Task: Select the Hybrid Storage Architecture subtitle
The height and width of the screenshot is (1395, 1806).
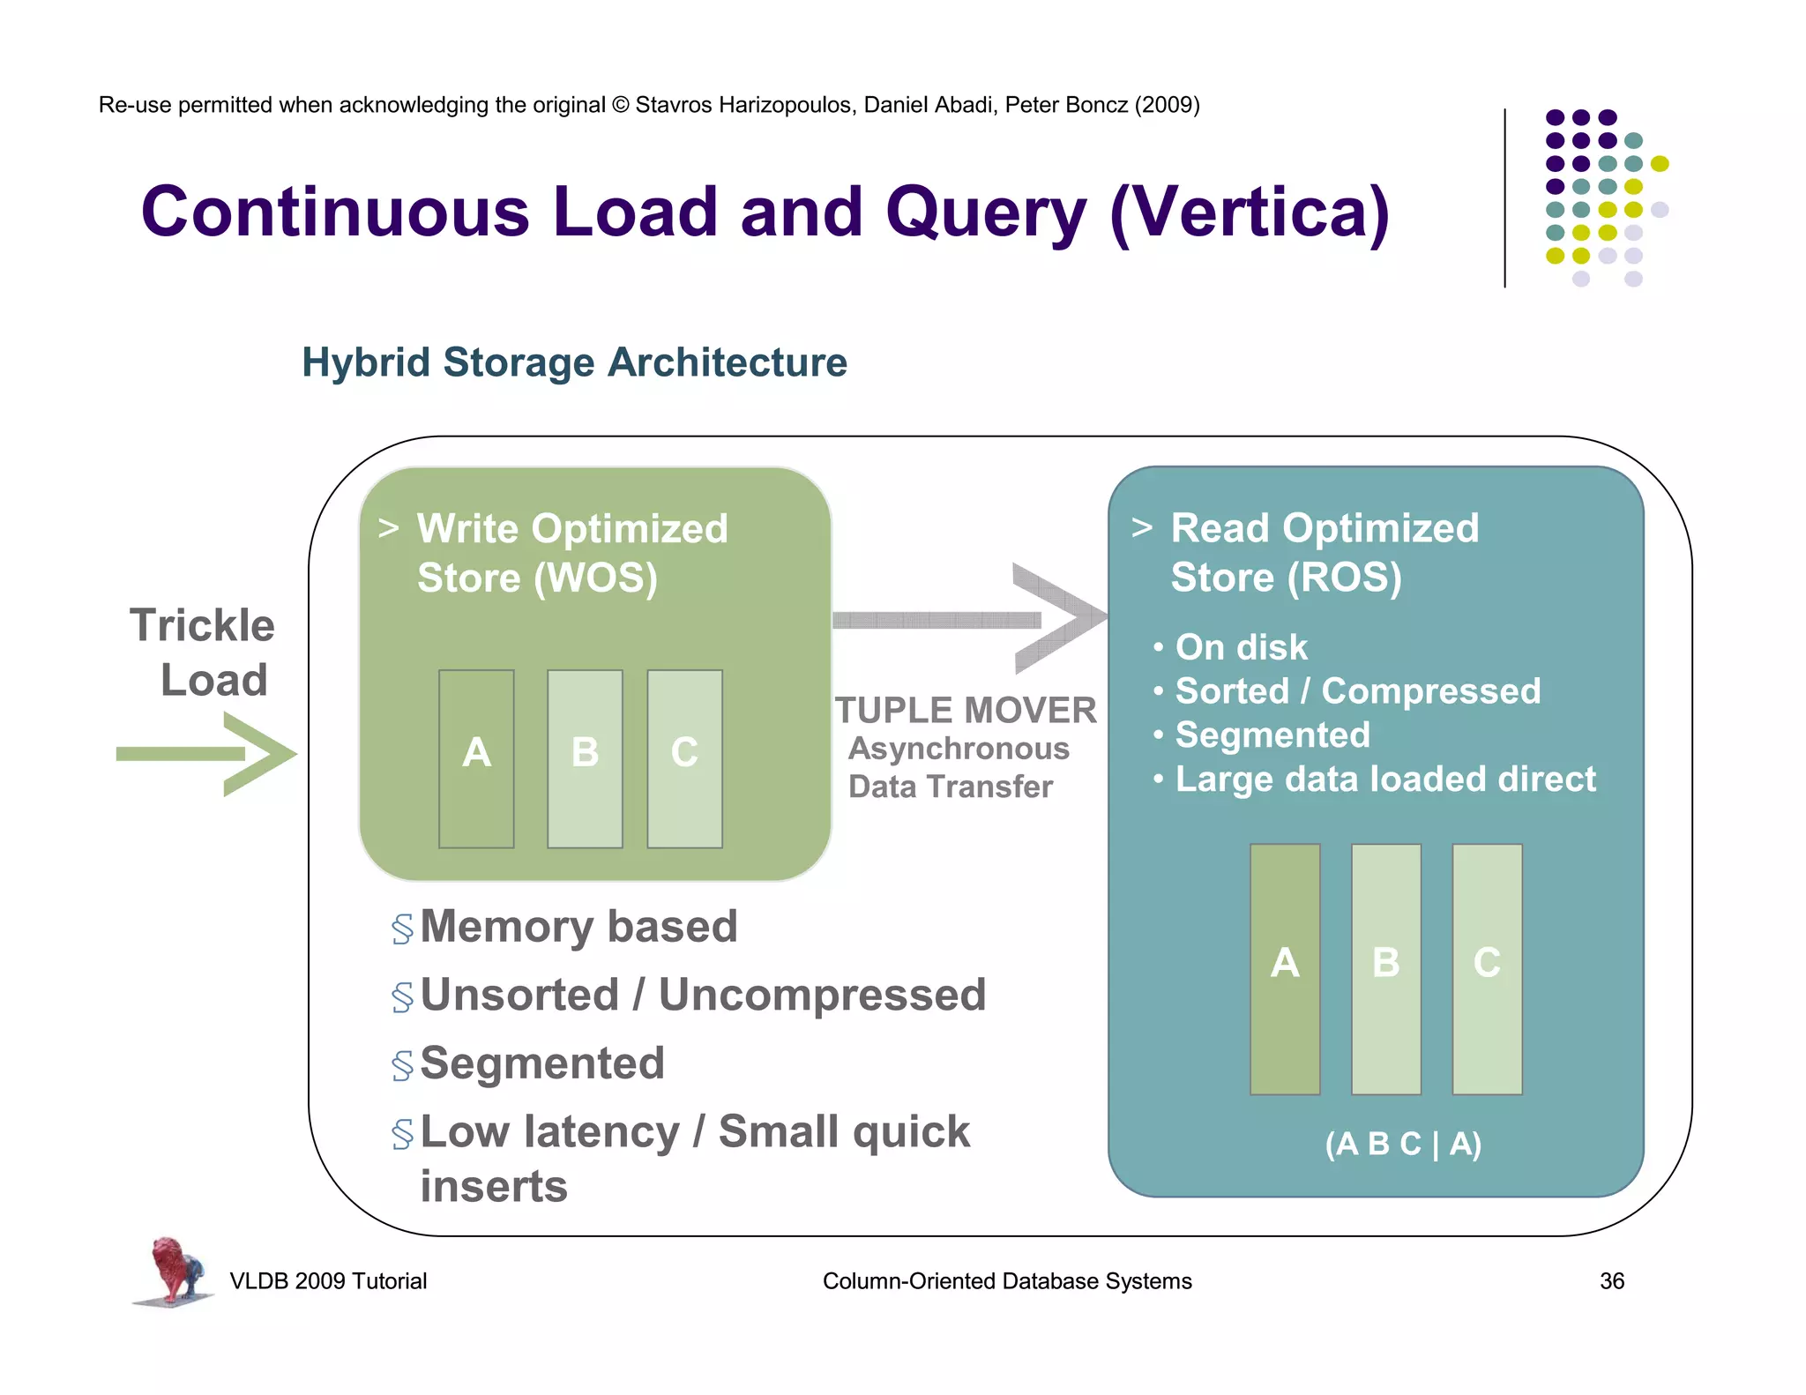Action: click(x=574, y=362)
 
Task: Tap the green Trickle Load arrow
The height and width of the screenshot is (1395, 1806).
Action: click(x=208, y=754)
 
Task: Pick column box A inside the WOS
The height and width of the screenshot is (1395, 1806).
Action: click(x=476, y=758)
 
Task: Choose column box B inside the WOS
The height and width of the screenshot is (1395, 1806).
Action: click(x=585, y=758)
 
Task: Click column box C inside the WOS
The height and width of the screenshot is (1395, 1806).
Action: click(x=684, y=758)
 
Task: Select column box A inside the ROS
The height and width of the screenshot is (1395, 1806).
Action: click(x=1285, y=968)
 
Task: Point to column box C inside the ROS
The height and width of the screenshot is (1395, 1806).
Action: click(x=1487, y=968)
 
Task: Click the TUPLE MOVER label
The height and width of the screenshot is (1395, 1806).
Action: click(x=966, y=711)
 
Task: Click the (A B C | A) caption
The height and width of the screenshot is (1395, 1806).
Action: click(x=1403, y=1144)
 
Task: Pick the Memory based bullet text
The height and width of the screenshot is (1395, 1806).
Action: click(x=578, y=927)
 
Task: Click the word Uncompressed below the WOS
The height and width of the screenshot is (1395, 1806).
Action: click(x=822, y=996)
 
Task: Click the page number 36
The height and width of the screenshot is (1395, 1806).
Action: click(x=1611, y=1281)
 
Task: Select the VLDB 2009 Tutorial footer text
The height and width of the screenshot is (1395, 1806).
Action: click(x=328, y=1281)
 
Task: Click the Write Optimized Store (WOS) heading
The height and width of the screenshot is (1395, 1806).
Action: click(x=571, y=554)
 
